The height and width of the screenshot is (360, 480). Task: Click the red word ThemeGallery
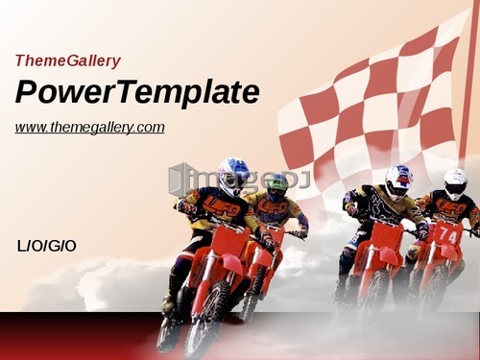click(x=68, y=60)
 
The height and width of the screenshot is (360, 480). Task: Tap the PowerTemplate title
click(x=137, y=92)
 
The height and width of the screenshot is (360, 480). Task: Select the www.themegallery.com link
click(x=89, y=128)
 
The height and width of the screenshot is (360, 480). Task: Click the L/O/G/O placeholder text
click(x=46, y=247)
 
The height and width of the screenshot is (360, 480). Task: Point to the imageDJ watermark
click(x=239, y=180)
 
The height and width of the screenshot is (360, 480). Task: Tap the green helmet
click(x=277, y=187)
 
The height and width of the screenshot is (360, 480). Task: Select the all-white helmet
click(x=455, y=183)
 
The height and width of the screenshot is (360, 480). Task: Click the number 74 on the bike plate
click(x=447, y=235)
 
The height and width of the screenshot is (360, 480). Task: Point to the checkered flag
click(x=372, y=106)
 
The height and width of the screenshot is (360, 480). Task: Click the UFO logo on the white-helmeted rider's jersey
click(x=451, y=209)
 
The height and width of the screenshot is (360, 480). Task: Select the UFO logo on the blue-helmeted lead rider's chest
click(x=222, y=206)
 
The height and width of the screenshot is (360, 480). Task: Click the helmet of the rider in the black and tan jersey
click(x=398, y=181)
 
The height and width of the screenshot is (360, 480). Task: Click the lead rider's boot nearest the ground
click(x=167, y=334)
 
